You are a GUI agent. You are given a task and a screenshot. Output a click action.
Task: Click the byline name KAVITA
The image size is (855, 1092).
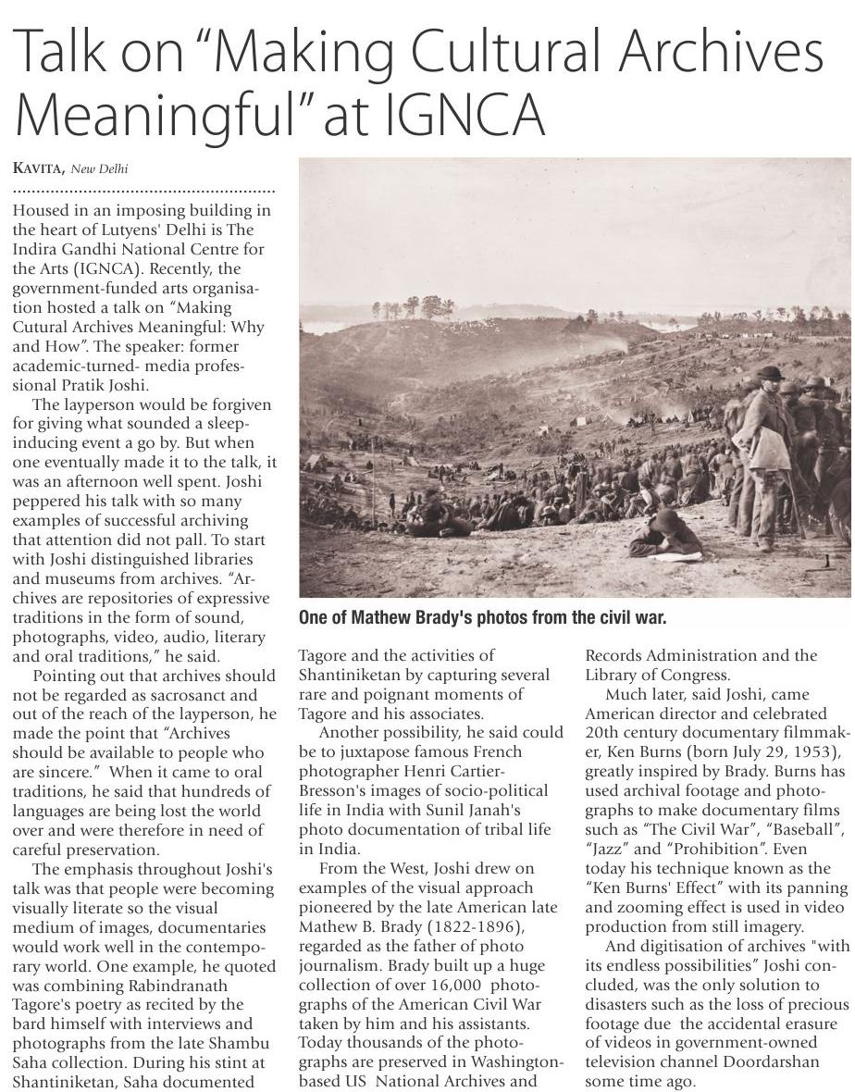(37, 168)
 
